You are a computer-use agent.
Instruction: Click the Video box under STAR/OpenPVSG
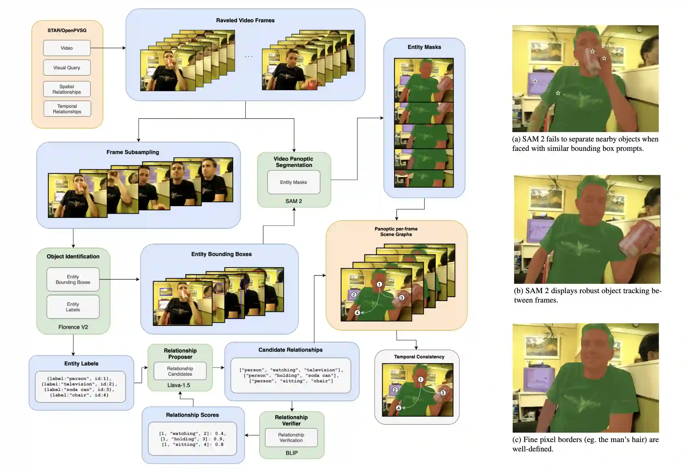(x=67, y=48)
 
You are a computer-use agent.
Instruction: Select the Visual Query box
(x=67, y=68)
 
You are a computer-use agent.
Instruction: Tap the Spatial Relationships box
(x=67, y=89)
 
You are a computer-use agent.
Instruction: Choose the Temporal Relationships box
(x=67, y=109)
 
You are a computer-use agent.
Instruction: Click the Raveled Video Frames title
(x=245, y=20)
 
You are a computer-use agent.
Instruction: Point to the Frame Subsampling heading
(x=133, y=152)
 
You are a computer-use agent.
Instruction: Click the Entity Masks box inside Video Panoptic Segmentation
(x=294, y=182)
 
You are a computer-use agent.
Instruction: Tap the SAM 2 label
(x=294, y=201)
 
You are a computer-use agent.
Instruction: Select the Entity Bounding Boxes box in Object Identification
(x=73, y=279)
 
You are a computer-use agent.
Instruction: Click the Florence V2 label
(x=73, y=327)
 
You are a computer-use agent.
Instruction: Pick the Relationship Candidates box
(x=180, y=371)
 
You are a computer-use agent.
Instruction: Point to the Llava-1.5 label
(x=179, y=385)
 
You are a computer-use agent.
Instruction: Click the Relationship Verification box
(x=291, y=437)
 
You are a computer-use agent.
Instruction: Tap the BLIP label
(x=292, y=453)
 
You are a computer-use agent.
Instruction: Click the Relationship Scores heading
(x=192, y=415)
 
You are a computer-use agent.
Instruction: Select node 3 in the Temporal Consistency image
(x=443, y=393)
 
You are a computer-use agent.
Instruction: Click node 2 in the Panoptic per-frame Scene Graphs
(x=354, y=295)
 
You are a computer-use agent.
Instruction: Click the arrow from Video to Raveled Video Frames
(x=108, y=48)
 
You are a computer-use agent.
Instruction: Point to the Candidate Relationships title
(x=290, y=350)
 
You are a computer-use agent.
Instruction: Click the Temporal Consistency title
(x=419, y=357)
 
